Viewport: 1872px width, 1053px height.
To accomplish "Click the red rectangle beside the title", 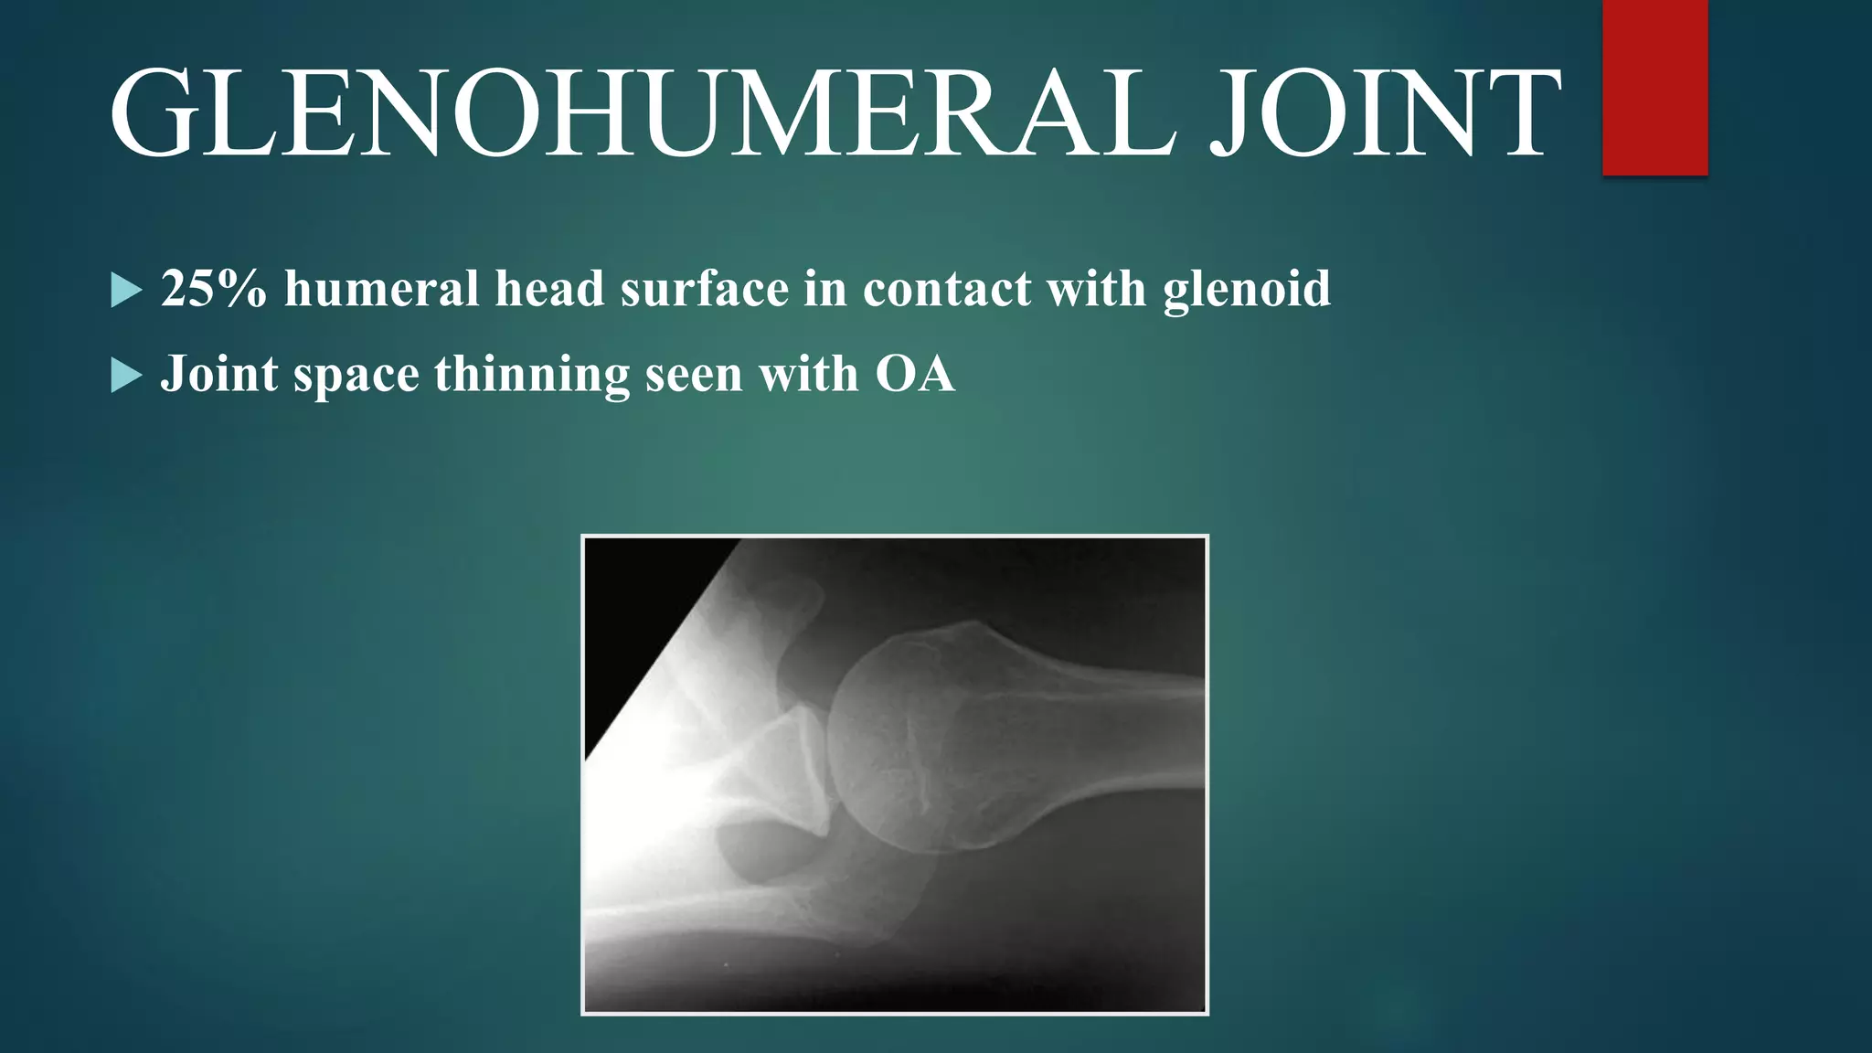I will point(1654,87).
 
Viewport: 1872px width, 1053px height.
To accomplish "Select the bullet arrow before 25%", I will point(126,291).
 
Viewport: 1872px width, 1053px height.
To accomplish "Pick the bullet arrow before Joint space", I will point(126,375).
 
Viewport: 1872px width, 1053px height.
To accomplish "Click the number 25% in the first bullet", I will point(214,289).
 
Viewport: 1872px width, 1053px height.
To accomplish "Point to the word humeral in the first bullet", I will point(381,289).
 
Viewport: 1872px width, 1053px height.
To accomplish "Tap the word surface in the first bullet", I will point(704,289).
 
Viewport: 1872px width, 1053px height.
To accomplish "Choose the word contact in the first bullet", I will point(946,289).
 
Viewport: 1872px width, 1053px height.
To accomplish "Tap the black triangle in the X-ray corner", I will point(640,622).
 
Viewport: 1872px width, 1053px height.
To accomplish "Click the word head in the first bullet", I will point(549,289).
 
